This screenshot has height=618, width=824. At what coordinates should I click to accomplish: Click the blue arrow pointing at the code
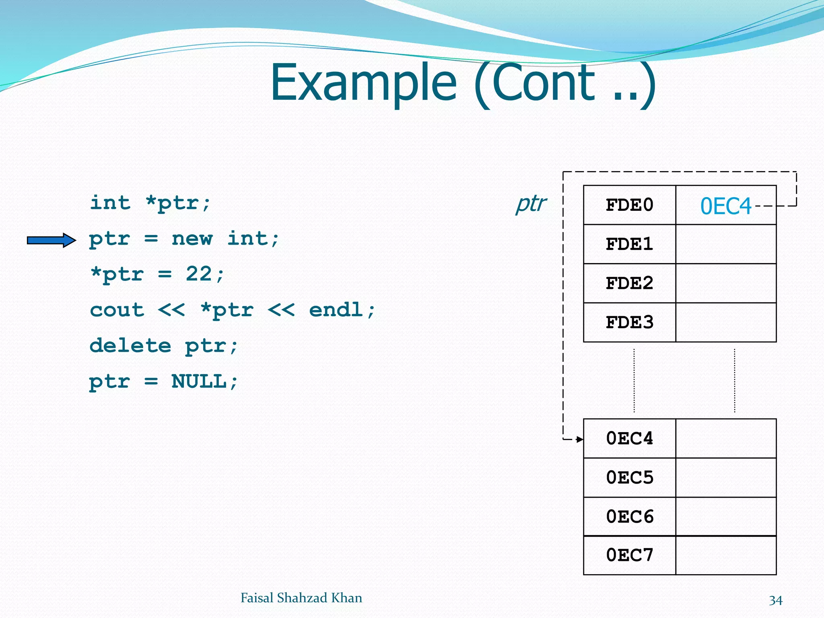click(51, 240)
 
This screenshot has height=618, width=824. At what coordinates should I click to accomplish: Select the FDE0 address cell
click(629, 205)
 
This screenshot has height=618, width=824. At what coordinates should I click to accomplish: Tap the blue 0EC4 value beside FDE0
click(725, 206)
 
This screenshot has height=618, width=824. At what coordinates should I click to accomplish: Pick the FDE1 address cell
click(629, 244)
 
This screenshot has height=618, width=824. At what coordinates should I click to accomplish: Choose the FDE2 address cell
click(629, 283)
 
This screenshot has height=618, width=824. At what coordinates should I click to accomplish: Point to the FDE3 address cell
click(629, 322)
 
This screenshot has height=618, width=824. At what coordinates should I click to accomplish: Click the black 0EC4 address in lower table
click(629, 439)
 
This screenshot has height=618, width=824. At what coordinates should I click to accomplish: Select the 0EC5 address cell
click(629, 478)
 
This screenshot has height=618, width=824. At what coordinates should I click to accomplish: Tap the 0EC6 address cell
click(629, 517)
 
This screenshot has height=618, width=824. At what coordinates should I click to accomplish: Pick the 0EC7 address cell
click(629, 555)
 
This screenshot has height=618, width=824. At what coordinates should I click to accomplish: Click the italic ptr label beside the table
click(531, 204)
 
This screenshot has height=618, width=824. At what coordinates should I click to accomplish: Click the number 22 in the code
click(199, 274)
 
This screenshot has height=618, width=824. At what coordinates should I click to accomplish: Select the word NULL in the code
click(199, 381)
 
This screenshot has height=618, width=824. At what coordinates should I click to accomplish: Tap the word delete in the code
click(130, 346)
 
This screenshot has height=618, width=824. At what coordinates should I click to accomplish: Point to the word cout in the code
click(117, 310)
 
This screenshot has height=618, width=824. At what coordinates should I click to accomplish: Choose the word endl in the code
click(336, 310)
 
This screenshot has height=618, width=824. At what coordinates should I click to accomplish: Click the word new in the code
click(192, 239)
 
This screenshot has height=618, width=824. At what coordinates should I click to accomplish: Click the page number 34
click(775, 600)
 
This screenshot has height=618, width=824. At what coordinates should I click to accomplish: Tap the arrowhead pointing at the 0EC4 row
click(580, 439)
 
